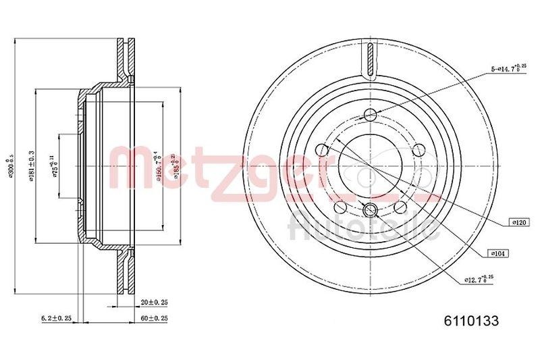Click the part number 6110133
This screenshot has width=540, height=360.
tap(470, 322)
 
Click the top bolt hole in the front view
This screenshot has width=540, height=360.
tap(369, 114)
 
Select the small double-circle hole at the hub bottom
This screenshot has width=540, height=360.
tap(369, 211)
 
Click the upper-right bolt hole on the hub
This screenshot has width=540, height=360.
tap(414, 147)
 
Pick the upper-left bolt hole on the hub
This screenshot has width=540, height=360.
tap(324, 147)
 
